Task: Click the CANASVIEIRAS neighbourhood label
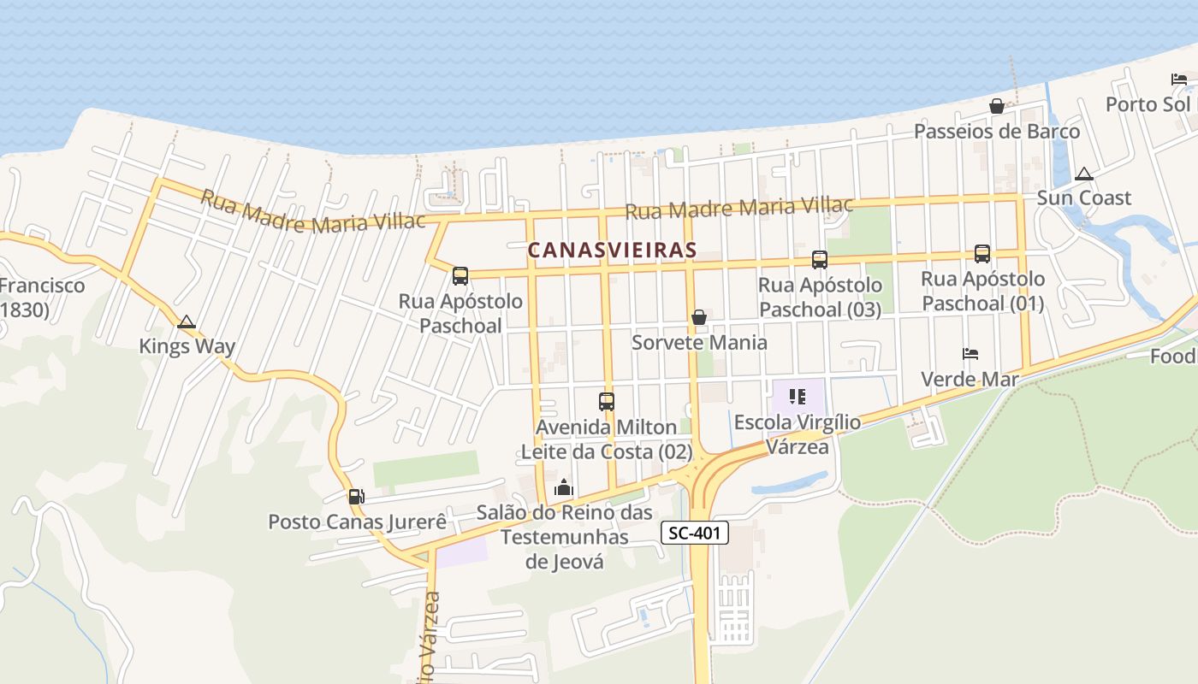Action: pyautogui.click(x=612, y=251)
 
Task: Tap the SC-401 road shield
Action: pyautogui.click(x=695, y=534)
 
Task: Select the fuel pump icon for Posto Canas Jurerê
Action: pyautogui.click(x=356, y=496)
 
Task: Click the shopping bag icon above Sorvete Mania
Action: pyautogui.click(x=699, y=317)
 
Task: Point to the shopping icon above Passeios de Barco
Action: pyautogui.click(x=997, y=106)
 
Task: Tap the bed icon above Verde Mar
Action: pyautogui.click(x=970, y=354)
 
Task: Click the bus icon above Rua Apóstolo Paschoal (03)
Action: pyautogui.click(x=820, y=259)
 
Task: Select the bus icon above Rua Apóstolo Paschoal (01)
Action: pyautogui.click(x=982, y=254)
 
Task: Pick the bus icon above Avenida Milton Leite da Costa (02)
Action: pyautogui.click(x=607, y=401)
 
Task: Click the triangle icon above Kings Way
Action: pyautogui.click(x=187, y=322)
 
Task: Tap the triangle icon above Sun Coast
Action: pyautogui.click(x=1084, y=174)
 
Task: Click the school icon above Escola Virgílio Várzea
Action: pyautogui.click(x=798, y=397)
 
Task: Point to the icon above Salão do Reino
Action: pyautogui.click(x=564, y=488)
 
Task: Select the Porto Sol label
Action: pyautogui.click(x=1148, y=104)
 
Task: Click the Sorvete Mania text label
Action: pyautogui.click(x=699, y=343)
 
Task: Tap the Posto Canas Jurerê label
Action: pyautogui.click(x=357, y=522)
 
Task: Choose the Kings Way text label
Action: pyautogui.click(x=187, y=347)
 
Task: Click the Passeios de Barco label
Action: pyautogui.click(x=997, y=132)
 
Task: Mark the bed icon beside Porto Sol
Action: pyautogui.click(x=1179, y=80)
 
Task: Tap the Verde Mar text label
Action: pyautogui.click(x=970, y=379)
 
